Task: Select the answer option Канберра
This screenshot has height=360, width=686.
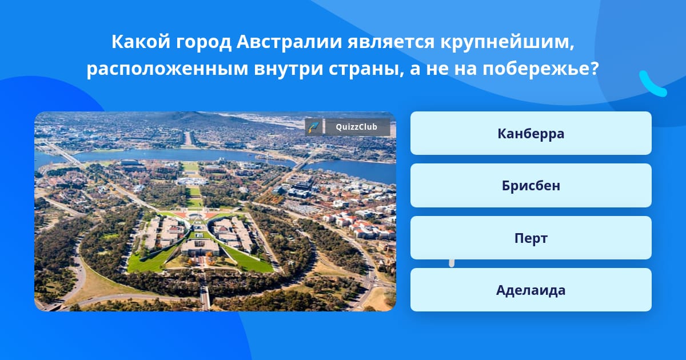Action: [531, 133]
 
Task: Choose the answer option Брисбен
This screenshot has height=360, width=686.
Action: [531, 186]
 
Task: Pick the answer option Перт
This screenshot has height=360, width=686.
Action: [531, 238]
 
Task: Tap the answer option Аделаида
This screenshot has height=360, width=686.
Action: [531, 290]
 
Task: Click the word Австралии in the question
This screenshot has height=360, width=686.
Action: [289, 42]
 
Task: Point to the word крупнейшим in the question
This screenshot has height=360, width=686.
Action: [507, 42]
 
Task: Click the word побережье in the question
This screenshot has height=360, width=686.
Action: [537, 69]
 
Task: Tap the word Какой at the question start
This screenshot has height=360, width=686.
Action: [141, 42]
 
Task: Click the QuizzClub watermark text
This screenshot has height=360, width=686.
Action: [356, 127]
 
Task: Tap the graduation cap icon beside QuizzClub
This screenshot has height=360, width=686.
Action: [314, 127]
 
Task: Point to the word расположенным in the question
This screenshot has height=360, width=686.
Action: [167, 69]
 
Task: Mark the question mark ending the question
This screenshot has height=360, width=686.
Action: [595, 68]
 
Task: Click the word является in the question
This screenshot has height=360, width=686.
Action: [391, 42]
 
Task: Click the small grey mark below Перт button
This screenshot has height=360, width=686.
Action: [452, 263]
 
